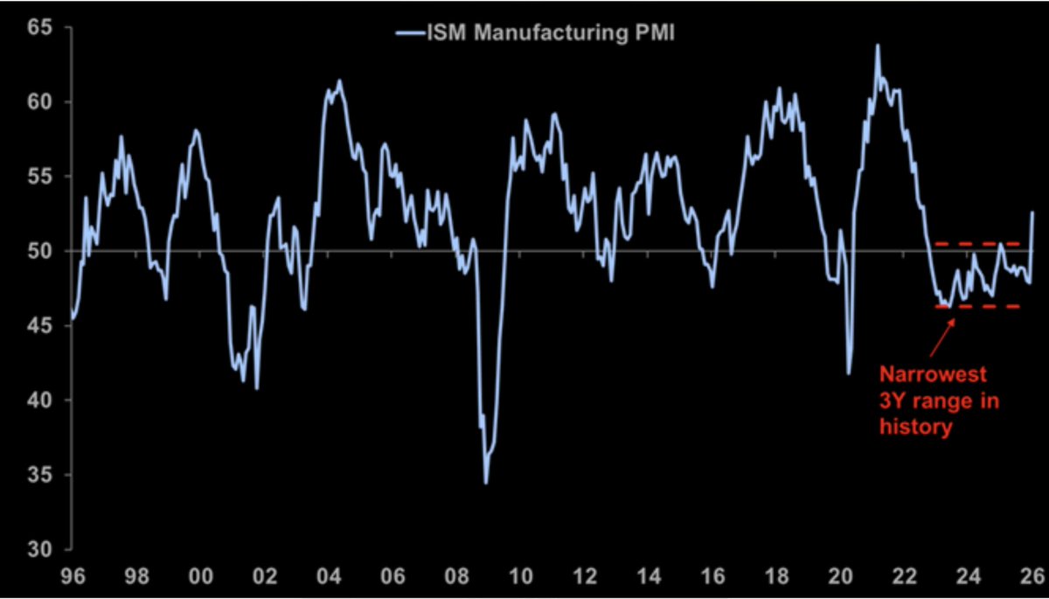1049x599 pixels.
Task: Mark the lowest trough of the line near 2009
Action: click(x=485, y=483)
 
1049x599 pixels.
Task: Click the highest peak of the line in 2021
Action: click(x=877, y=45)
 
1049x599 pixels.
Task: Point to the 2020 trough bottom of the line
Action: click(x=849, y=374)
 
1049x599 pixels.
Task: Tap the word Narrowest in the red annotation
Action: click(x=932, y=375)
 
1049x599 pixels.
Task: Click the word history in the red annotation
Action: click(x=914, y=428)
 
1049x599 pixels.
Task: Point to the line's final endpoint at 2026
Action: click(x=1032, y=212)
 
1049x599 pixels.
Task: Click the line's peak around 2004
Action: click(x=339, y=81)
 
